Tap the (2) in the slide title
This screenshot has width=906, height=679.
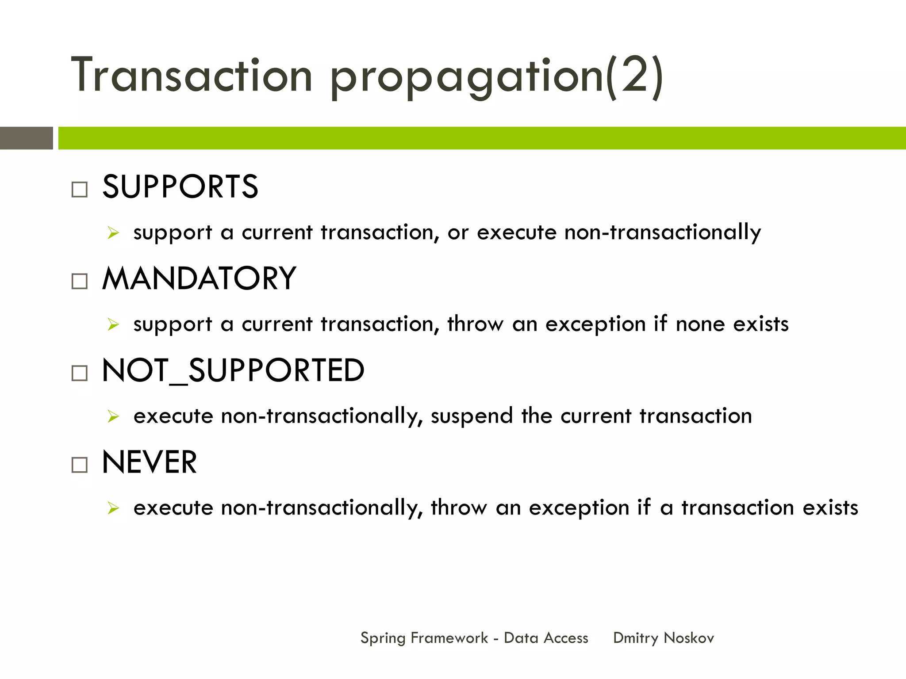click(634, 76)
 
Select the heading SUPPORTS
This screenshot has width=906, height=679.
click(180, 187)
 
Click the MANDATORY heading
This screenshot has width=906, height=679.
click(199, 279)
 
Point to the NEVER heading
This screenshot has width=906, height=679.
click(150, 462)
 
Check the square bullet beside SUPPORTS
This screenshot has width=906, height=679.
click(80, 190)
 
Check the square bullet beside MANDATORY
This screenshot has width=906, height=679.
click(80, 281)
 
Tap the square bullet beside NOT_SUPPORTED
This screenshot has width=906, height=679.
click(80, 373)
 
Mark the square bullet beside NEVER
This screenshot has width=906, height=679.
click(80, 465)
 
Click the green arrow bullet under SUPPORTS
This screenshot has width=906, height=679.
click(113, 233)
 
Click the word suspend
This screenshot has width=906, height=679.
click(472, 417)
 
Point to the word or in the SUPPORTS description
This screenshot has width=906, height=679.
click(457, 233)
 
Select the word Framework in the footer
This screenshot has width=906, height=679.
click(449, 638)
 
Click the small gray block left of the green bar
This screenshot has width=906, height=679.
click(26, 138)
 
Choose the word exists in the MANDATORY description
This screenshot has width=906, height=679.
click(761, 324)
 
